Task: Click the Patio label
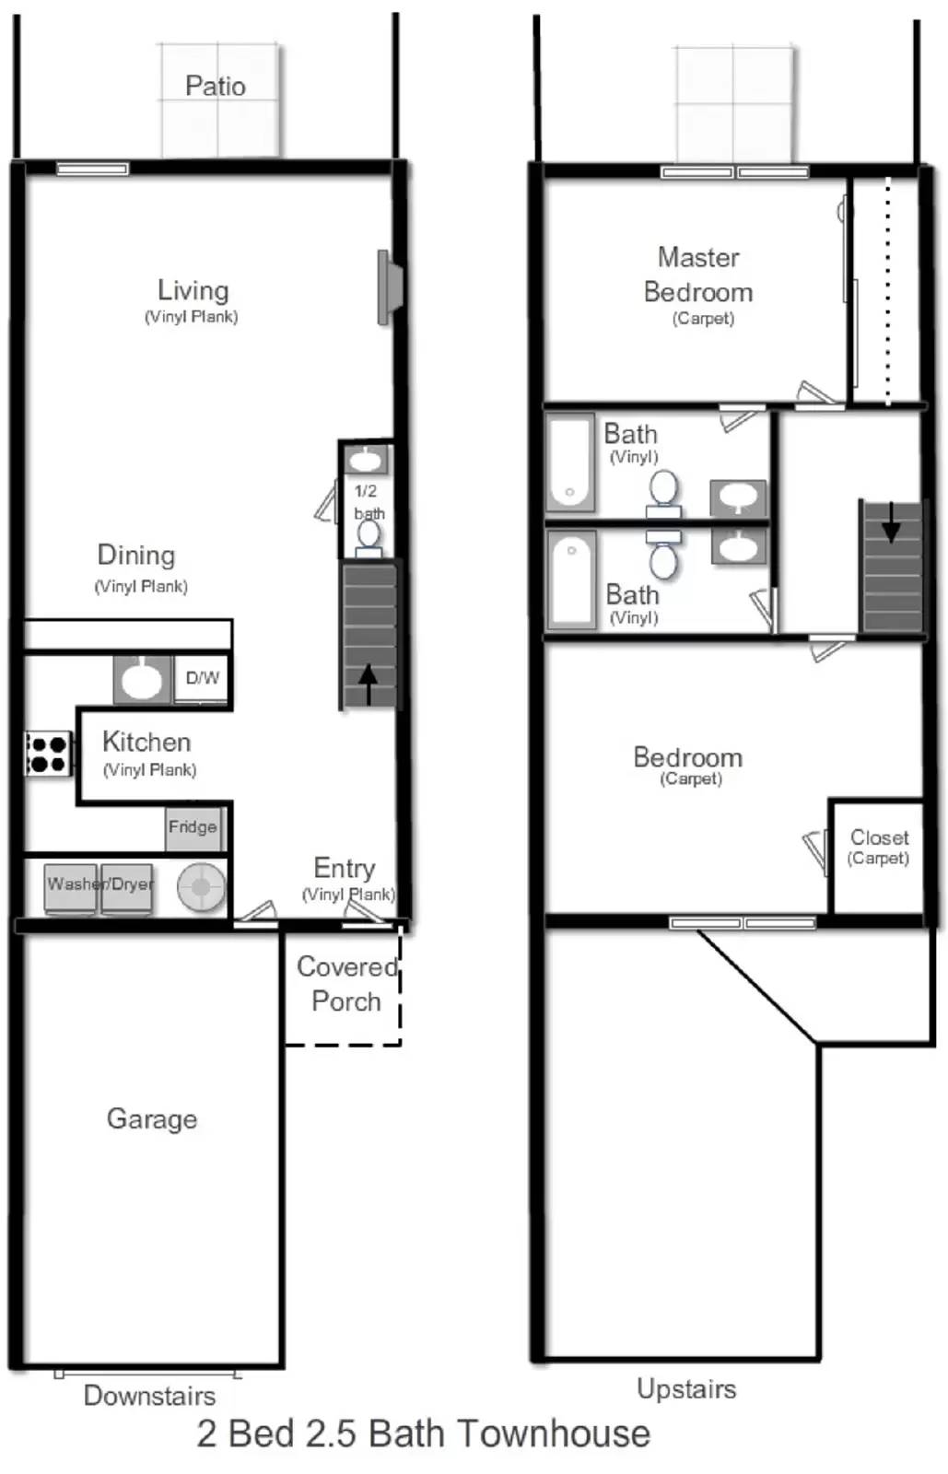pyautogui.click(x=216, y=87)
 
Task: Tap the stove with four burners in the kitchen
pyautogui.click(x=48, y=753)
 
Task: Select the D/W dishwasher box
pyautogui.click(x=202, y=679)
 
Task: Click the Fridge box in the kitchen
pyautogui.click(x=192, y=827)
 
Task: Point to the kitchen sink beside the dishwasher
pyautogui.click(x=142, y=680)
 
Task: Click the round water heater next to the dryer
pyautogui.click(x=201, y=887)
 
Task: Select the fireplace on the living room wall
pyautogui.click(x=390, y=287)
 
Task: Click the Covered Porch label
pyautogui.click(x=346, y=984)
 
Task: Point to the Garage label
pyautogui.click(x=152, y=1118)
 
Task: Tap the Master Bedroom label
pyautogui.click(x=698, y=275)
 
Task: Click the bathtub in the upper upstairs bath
pyautogui.click(x=570, y=462)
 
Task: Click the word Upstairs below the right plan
pyautogui.click(x=686, y=1388)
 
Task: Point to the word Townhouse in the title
pyautogui.click(x=555, y=1433)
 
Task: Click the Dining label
pyautogui.click(x=136, y=556)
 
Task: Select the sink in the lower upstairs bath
pyautogui.click(x=738, y=546)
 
